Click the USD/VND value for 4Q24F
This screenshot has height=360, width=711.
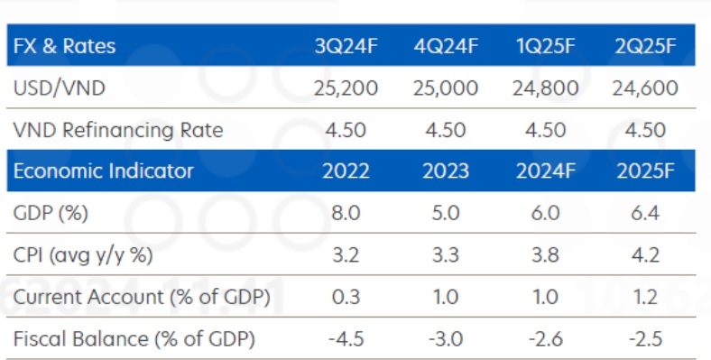[444, 88]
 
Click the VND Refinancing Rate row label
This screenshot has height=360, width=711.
[118, 130]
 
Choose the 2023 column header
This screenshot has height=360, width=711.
[444, 171]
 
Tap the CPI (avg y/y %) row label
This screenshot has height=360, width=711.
[84, 255]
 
